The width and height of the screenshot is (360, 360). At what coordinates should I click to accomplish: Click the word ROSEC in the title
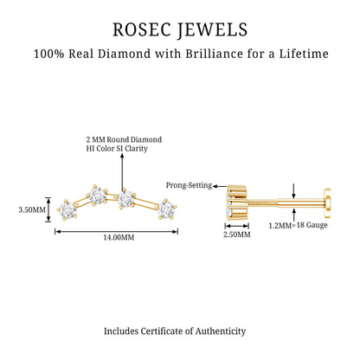click(x=141, y=29)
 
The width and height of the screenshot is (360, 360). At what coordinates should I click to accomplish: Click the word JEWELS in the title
click(x=213, y=30)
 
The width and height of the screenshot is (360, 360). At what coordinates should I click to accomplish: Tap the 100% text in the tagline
click(x=48, y=54)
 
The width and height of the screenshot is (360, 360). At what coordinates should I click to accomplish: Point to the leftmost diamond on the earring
click(x=67, y=209)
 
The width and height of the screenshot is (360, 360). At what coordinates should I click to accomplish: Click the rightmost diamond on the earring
click(x=166, y=209)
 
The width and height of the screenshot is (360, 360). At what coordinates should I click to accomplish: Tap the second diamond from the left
click(x=97, y=196)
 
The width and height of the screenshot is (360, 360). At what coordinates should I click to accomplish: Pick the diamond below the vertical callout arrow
click(x=125, y=199)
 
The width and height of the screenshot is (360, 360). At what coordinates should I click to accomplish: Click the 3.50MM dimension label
click(x=32, y=209)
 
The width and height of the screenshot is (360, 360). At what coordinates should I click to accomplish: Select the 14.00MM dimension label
click(x=119, y=238)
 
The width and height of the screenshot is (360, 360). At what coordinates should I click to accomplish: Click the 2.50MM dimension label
click(x=237, y=235)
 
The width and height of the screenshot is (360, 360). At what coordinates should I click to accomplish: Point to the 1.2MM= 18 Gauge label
click(x=299, y=225)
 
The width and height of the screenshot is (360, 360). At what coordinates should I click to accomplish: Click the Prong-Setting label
click(x=189, y=185)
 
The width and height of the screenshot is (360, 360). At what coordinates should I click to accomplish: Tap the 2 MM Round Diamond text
click(x=124, y=139)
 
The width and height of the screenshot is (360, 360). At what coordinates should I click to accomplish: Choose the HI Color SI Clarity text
click(x=117, y=149)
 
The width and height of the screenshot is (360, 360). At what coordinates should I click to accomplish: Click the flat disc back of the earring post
click(x=327, y=202)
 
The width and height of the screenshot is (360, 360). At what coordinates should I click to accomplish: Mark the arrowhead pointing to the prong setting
click(x=215, y=186)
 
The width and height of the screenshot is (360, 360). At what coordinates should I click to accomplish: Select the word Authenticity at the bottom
click(x=221, y=331)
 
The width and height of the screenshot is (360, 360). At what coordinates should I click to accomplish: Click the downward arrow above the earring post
click(x=293, y=190)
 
